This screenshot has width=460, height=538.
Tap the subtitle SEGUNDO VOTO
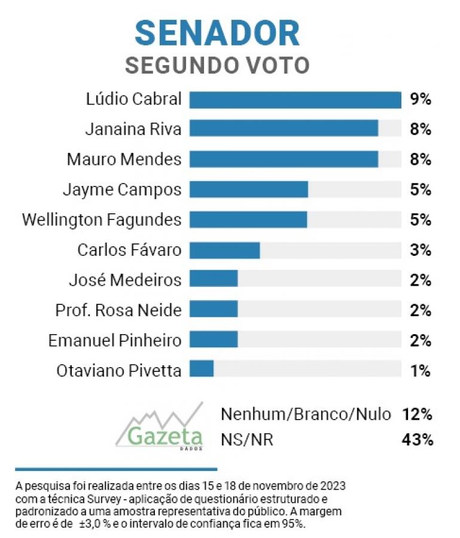point(217,65)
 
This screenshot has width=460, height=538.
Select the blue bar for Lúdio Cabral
point(295,100)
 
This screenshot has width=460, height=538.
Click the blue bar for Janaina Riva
point(284,129)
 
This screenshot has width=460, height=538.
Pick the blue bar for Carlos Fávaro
point(224,250)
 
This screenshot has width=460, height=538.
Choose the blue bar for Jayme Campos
point(248,189)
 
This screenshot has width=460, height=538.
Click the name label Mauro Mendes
point(124,160)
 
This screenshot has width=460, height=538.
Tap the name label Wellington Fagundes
point(101,219)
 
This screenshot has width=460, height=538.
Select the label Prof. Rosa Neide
point(118,310)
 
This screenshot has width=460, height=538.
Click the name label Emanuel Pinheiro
point(114,340)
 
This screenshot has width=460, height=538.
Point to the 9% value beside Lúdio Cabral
point(421,100)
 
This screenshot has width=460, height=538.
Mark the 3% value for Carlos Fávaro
point(421,250)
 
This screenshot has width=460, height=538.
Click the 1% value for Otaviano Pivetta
point(421,371)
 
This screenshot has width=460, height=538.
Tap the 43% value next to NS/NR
point(417,440)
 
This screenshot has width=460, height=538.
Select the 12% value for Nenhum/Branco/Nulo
point(417,414)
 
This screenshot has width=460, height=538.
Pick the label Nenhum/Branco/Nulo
point(306,414)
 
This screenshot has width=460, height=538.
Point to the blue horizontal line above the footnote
point(116,469)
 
